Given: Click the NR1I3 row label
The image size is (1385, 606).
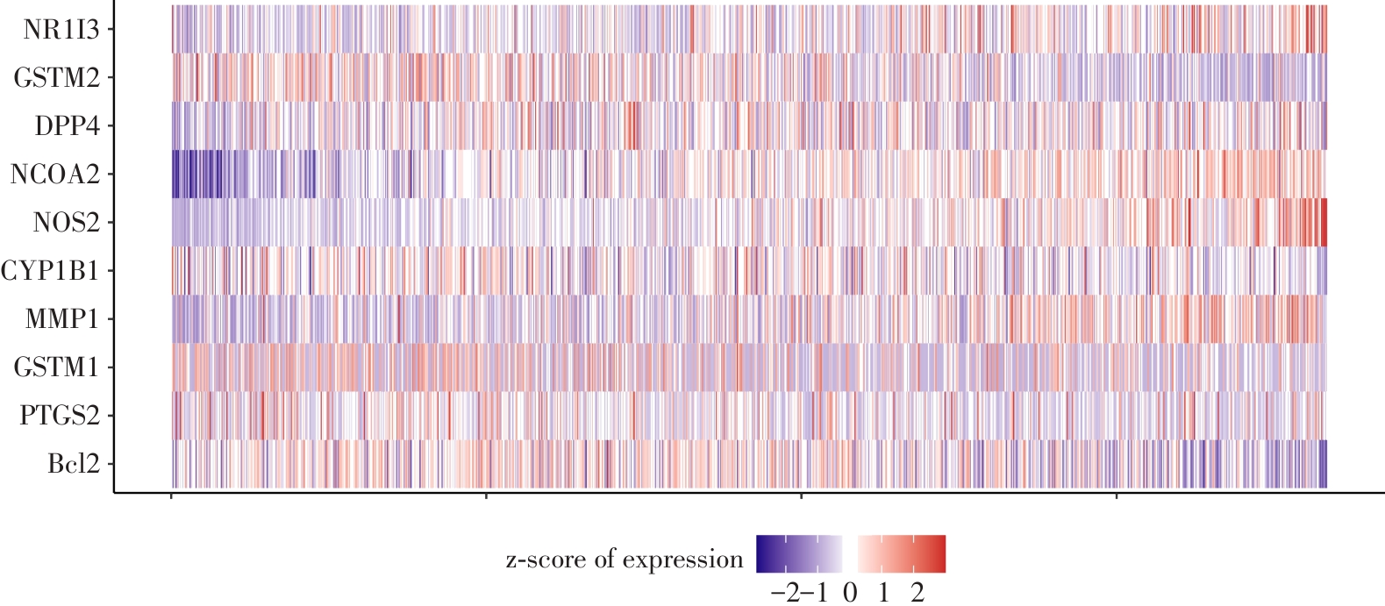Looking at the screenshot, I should point(61,30).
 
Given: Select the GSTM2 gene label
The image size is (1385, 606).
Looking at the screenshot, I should point(56,78).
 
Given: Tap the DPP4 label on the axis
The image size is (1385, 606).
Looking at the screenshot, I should point(67,126).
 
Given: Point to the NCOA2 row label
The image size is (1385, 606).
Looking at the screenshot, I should point(54,175).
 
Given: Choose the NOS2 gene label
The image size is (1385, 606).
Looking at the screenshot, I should point(66,223).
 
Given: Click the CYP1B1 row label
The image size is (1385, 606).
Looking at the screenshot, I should point(50,271).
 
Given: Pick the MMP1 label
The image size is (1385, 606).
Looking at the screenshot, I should point(61,319).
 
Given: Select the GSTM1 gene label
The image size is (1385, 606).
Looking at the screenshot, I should point(56,367).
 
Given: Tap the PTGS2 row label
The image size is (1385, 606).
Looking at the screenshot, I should point(60,416).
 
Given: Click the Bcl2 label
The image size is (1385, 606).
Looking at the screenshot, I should point(73,464).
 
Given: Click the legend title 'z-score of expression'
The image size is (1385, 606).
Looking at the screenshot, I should point(625,560).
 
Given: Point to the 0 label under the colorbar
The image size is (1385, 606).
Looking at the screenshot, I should point(850,593).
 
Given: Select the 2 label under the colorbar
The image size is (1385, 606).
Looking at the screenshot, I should point(917,593).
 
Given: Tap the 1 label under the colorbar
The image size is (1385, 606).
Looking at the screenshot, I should point(883,593).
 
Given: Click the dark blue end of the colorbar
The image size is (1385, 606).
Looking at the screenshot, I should point(761,554).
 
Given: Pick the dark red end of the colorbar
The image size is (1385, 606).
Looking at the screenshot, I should point(941,554).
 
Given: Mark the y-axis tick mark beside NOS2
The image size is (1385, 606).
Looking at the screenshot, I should point(111,223).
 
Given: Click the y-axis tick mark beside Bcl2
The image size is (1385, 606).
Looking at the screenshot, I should point(111,464).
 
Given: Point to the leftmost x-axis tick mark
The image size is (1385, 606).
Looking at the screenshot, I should point(171,497).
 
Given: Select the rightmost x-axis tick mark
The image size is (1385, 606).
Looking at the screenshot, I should point(1116,497).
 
